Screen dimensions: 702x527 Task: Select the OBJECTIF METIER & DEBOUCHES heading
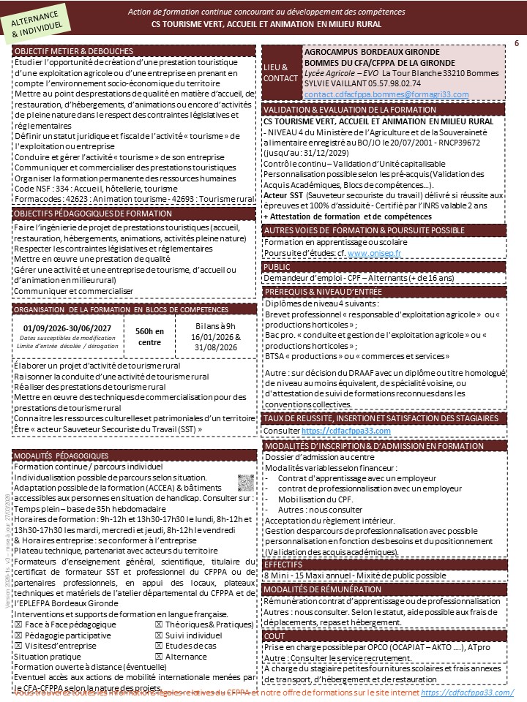pyautogui.click(x=74, y=51)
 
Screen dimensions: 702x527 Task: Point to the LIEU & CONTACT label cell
pyautogui.click(x=280, y=72)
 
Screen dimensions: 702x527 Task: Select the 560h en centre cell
pyautogui.click(x=149, y=336)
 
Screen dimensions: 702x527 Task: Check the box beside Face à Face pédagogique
pyautogui.click(x=18, y=625)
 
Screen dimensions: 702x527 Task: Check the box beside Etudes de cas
pyautogui.click(x=159, y=646)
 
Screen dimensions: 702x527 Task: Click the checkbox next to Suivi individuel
pyautogui.click(x=159, y=635)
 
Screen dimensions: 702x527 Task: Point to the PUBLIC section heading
pyautogui.click(x=278, y=267)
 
